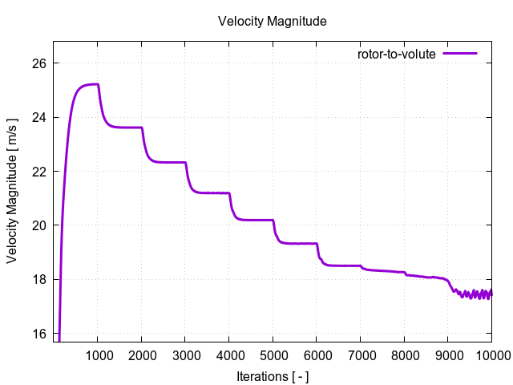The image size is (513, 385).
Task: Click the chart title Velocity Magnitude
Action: (273, 22)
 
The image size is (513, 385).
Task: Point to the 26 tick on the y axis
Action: (39, 63)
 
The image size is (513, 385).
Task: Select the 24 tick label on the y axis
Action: (39, 117)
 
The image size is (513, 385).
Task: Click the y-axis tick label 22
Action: (39, 172)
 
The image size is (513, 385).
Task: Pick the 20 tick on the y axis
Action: (39, 225)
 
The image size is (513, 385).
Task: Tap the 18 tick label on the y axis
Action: (39, 279)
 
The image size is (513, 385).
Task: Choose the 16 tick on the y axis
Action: (39, 334)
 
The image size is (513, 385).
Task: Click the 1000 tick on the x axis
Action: (98, 355)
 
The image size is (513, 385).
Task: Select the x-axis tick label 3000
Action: (185, 355)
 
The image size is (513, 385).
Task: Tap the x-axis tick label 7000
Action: (361, 355)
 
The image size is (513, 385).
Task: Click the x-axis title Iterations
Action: (273, 376)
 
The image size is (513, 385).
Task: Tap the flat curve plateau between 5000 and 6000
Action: (297, 243)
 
